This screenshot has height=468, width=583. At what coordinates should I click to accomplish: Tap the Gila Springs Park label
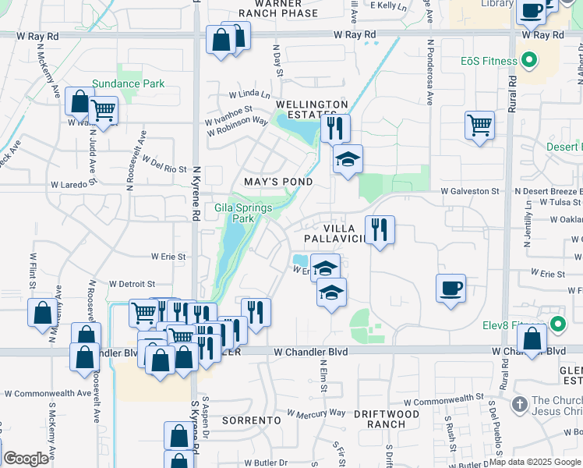(244, 213)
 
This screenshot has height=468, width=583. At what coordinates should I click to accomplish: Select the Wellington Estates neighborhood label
(312, 109)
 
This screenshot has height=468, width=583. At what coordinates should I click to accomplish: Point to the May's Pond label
(278, 182)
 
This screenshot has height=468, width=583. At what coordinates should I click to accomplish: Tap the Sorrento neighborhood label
(251, 420)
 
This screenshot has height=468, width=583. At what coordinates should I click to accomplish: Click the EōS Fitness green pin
(529, 60)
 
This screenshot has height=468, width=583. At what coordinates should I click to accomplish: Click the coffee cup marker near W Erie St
(450, 288)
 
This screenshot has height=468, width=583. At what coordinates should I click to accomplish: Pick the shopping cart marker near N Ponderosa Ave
(479, 125)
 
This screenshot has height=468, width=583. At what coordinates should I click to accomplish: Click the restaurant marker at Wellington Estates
(335, 127)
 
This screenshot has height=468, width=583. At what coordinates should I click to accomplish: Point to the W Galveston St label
(468, 191)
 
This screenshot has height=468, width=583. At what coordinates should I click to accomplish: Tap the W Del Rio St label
(164, 168)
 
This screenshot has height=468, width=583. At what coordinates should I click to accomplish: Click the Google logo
(26, 459)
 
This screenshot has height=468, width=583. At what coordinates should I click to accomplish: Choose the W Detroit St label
(132, 284)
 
